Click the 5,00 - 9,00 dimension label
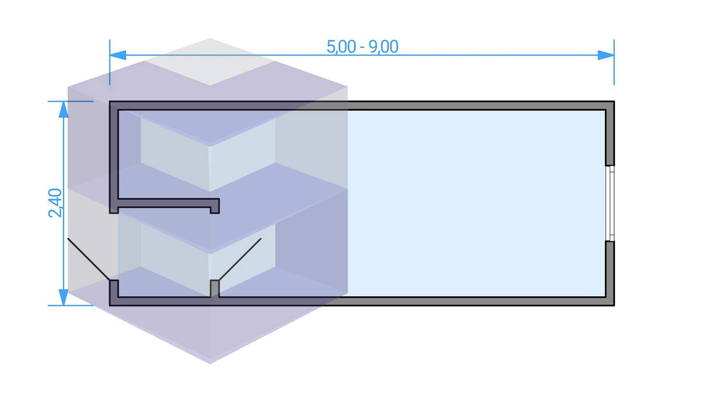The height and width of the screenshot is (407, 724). click(x=362, y=47)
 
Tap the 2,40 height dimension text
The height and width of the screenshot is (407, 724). click(x=56, y=203)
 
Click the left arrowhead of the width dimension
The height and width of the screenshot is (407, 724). click(x=118, y=55)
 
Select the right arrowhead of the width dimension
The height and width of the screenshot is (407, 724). click(x=606, y=55)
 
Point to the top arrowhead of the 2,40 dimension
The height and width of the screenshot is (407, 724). click(x=63, y=109)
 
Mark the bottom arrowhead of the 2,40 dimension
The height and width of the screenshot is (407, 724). click(x=63, y=297)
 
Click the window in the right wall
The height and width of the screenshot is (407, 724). click(x=611, y=203)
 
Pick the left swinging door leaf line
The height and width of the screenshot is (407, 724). click(x=89, y=259)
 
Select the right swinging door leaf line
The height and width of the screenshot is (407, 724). click(x=240, y=259)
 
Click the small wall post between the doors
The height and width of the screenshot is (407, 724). click(x=214, y=288)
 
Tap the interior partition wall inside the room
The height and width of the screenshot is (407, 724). click(x=164, y=203)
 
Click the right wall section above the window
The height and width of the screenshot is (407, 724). click(x=610, y=137)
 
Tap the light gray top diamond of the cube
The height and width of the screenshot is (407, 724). click(x=210, y=61)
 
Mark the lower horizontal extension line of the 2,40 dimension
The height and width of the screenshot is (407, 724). click(x=72, y=305)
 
